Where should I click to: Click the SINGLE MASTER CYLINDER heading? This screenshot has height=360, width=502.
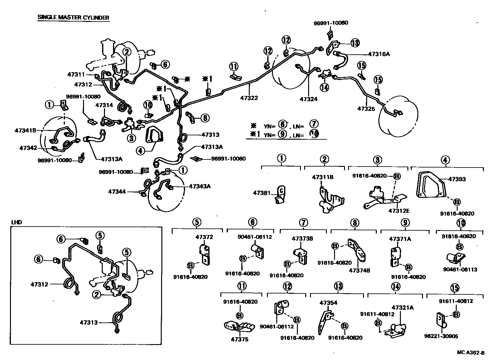[73, 17]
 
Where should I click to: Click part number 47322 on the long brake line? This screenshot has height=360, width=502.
[249, 98]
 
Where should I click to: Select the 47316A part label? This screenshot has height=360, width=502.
[379, 54]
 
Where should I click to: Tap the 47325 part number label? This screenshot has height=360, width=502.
[366, 109]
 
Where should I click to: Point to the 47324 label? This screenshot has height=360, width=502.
[308, 99]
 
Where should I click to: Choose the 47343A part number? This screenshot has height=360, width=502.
[200, 187]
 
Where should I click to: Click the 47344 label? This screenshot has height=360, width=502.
[117, 192]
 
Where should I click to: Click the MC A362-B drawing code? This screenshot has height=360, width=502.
[471, 352]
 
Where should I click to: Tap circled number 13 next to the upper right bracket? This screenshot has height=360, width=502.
[355, 43]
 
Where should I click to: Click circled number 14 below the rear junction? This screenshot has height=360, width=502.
[325, 87]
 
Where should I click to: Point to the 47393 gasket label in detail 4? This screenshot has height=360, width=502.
[457, 179]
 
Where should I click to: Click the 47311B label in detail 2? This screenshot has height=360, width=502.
[322, 177]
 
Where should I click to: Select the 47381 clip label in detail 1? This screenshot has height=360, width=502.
[262, 193]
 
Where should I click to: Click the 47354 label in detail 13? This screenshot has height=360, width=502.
[328, 303]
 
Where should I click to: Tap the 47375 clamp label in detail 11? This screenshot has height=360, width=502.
[240, 339]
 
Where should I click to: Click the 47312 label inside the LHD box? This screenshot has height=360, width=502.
[39, 284]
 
